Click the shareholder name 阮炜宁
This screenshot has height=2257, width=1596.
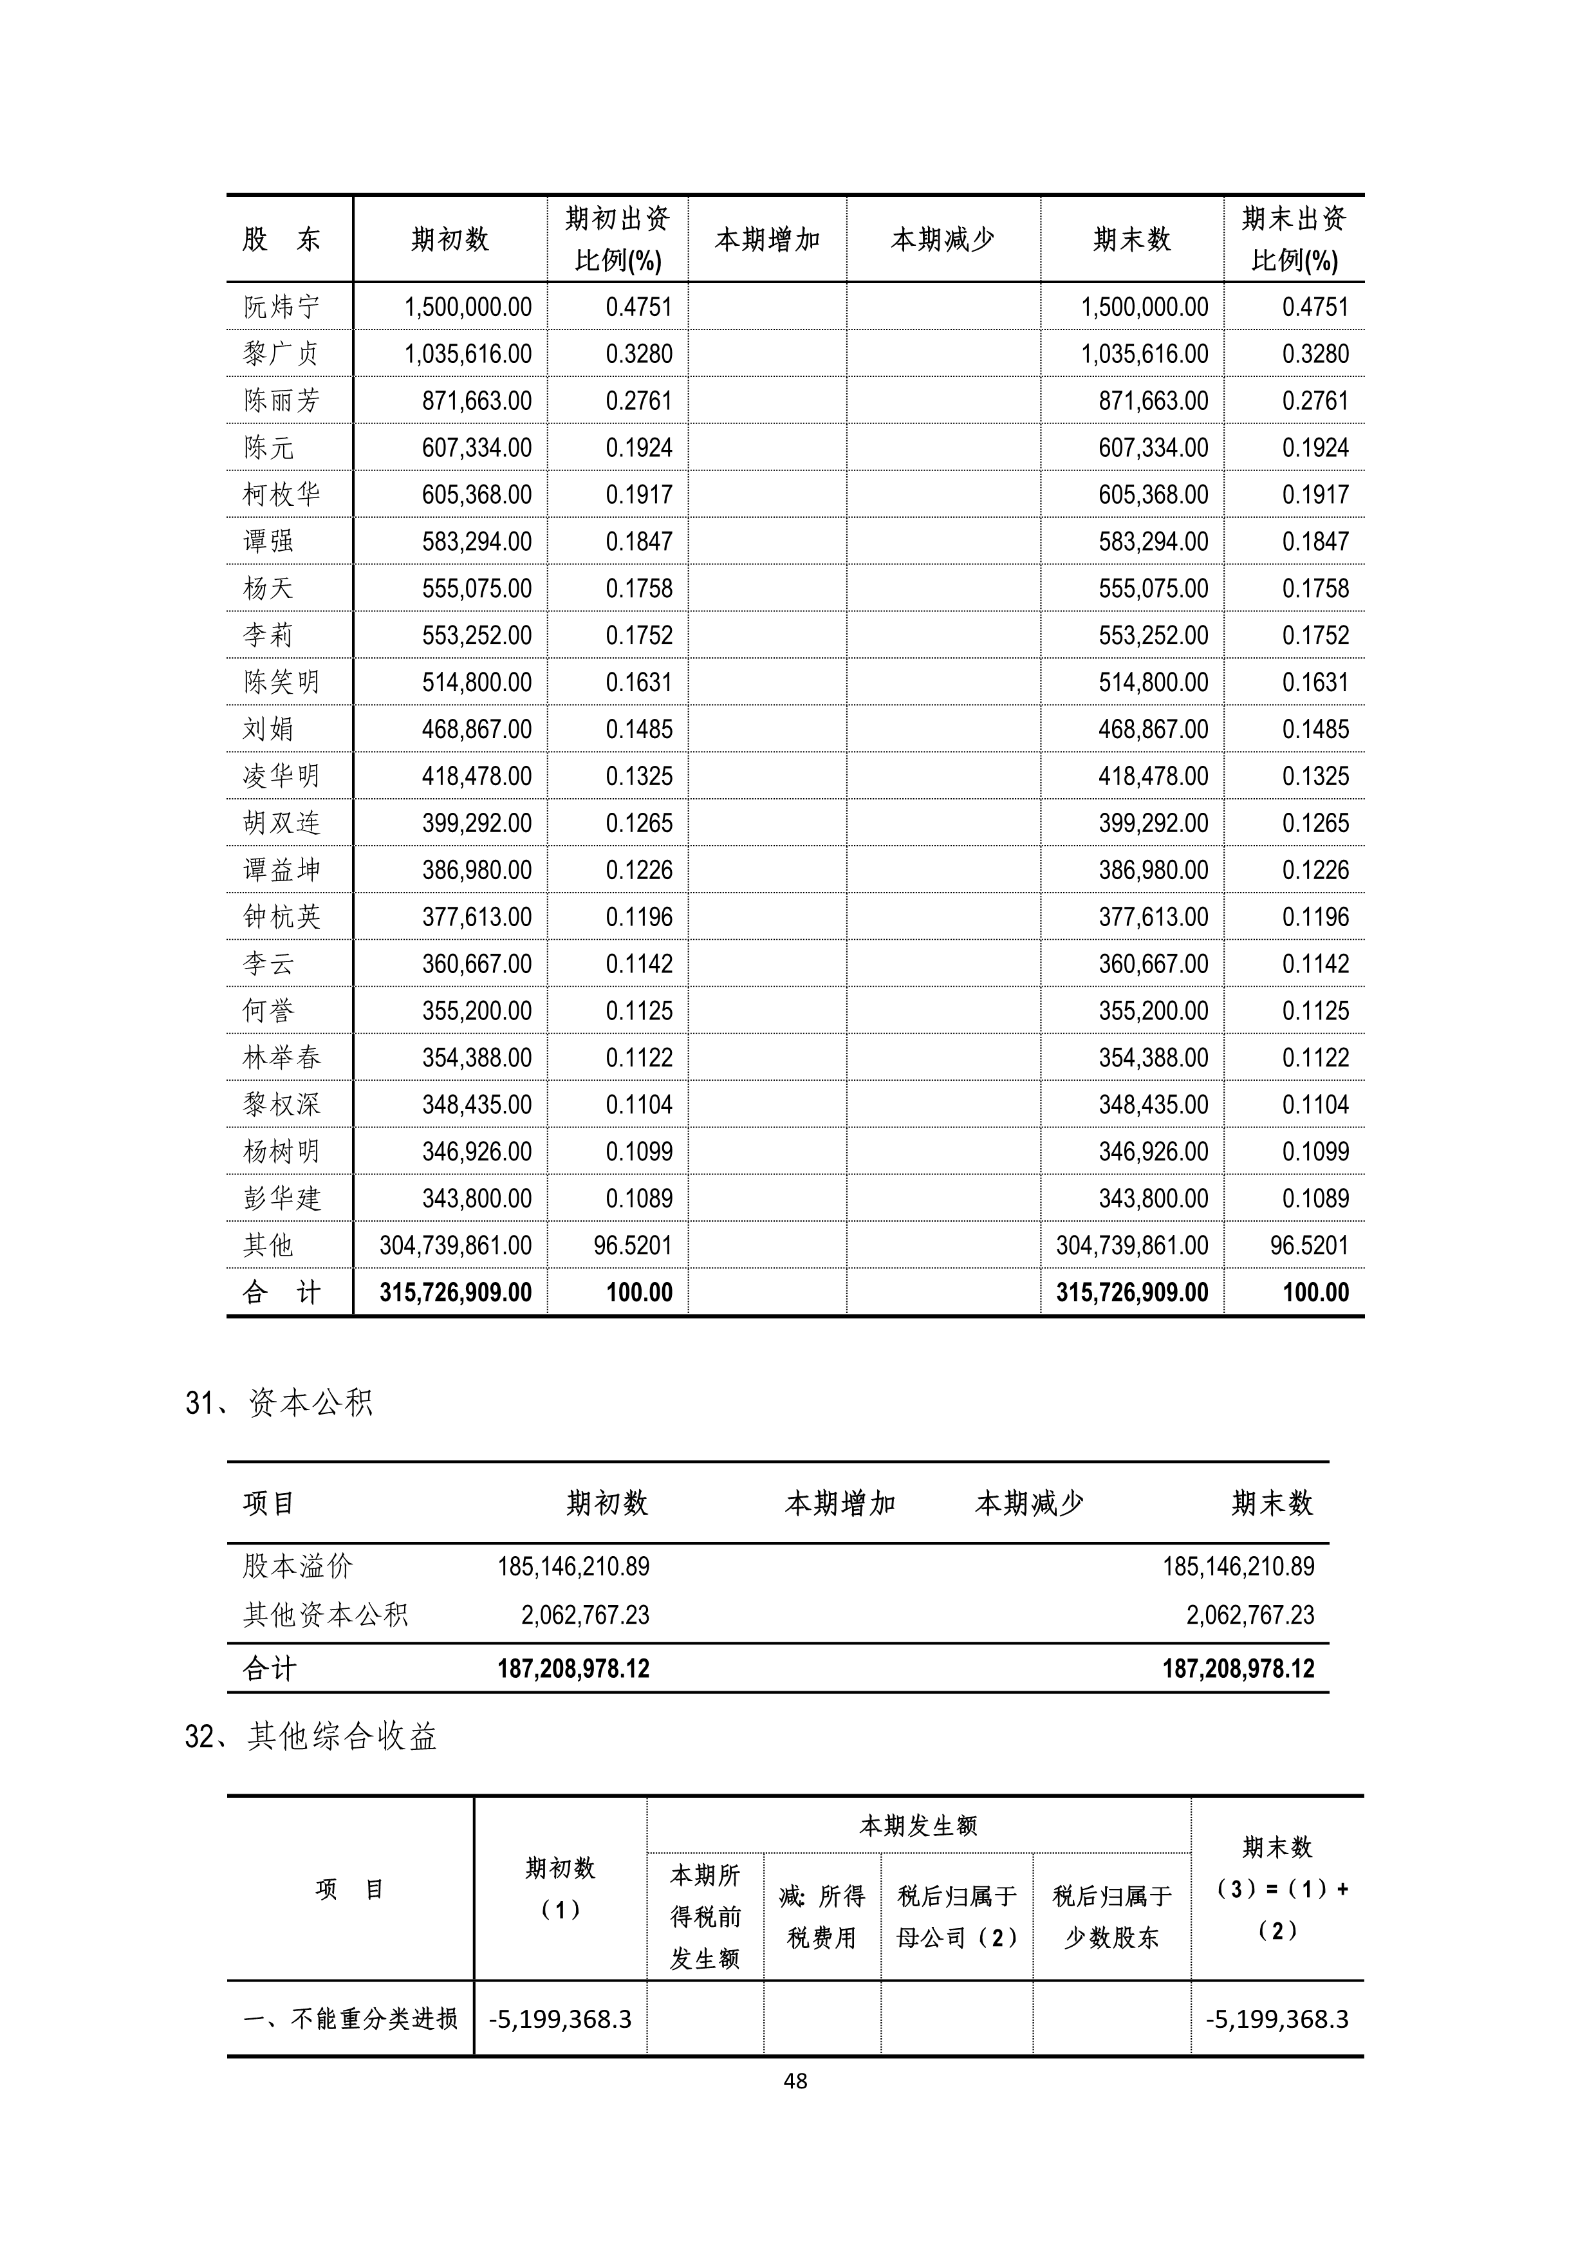(281, 307)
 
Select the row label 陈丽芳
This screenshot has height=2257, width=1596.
(281, 400)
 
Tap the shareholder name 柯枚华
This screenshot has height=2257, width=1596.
(281, 494)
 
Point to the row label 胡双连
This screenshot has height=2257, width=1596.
(281, 822)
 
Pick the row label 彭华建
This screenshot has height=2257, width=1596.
(281, 1198)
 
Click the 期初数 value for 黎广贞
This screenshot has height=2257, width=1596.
(468, 354)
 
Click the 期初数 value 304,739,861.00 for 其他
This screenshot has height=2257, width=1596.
(456, 1245)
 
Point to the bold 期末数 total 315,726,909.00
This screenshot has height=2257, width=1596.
(1132, 1293)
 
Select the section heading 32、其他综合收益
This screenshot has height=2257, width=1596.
(311, 1737)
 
